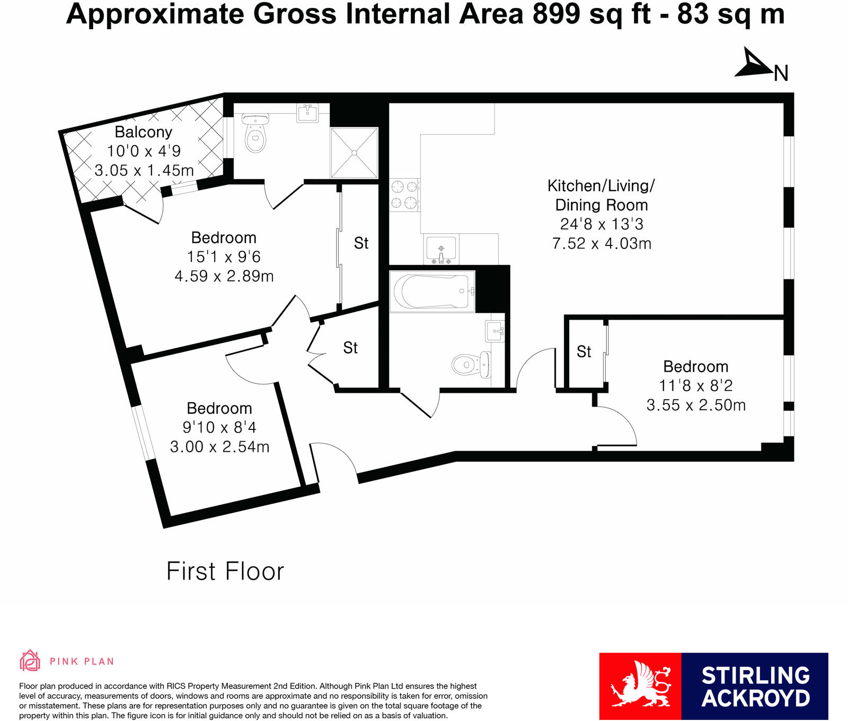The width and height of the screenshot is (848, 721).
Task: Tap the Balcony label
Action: (144, 132)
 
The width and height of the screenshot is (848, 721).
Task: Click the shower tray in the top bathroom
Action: (354, 153)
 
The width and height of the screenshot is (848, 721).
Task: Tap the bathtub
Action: (432, 291)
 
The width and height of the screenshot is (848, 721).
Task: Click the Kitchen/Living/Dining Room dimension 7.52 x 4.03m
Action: (602, 243)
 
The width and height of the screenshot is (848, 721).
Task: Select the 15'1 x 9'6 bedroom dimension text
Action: (224, 257)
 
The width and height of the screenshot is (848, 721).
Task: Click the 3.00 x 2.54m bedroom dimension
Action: (219, 447)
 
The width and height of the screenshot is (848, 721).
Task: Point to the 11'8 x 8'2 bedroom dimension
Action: (696, 386)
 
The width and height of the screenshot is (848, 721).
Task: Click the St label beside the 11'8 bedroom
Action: (584, 351)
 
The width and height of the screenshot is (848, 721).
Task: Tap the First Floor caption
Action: (225, 571)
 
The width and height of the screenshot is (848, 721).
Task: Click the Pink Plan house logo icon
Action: (30, 661)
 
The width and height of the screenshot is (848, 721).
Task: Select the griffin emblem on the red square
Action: (640, 684)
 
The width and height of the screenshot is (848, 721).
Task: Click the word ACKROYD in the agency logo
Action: (756, 698)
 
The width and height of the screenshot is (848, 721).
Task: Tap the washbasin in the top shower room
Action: (307, 113)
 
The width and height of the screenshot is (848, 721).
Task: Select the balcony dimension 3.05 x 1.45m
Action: (144, 171)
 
